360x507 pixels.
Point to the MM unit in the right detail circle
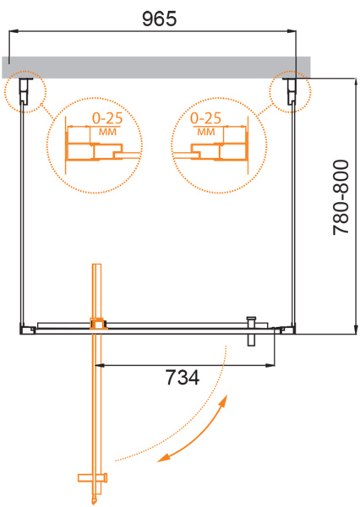click(x=205, y=133)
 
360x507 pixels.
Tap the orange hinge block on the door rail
click(x=97, y=322)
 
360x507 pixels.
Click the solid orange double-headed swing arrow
click(x=196, y=433)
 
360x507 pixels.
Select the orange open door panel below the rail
click(x=96, y=397)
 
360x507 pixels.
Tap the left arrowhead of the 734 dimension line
click(x=100, y=366)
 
